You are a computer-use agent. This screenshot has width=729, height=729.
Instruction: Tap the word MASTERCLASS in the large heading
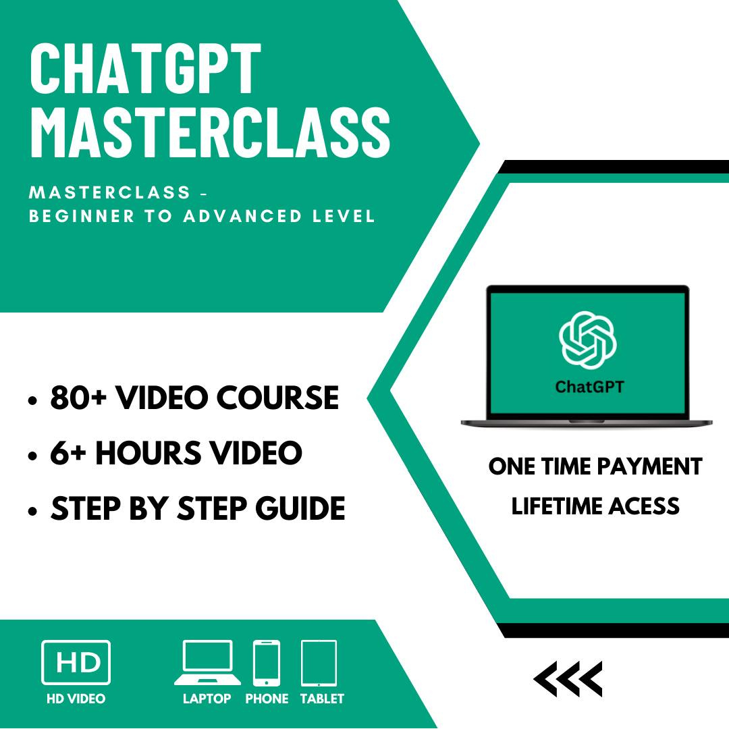[x=210, y=133]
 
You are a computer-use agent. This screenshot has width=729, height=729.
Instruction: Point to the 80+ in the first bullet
[x=76, y=398]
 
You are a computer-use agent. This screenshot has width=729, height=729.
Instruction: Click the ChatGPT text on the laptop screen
[x=589, y=387]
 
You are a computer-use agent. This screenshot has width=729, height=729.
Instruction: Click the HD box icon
[x=76, y=662]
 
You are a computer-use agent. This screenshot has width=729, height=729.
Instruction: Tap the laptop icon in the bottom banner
[x=207, y=662]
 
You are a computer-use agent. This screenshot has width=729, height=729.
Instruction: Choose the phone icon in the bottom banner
[x=267, y=662]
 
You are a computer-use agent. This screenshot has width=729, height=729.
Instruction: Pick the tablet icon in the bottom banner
[x=319, y=662]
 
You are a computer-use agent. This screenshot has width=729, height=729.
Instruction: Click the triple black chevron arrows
[x=568, y=678]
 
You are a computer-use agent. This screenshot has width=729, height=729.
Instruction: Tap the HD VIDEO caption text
[x=76, y=699]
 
